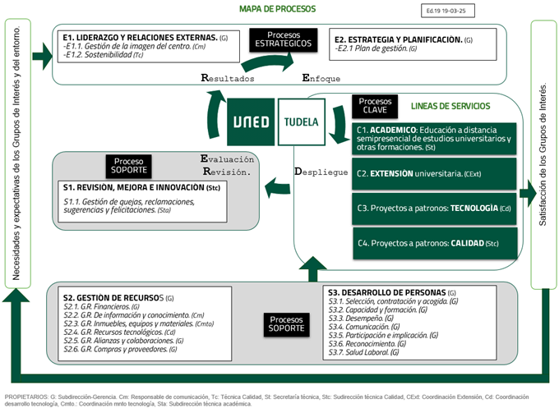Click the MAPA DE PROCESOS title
pyautogui.click(x=277, y=9)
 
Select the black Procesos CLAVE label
pyautogui.click(x=377, y=106)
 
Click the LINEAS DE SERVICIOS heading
pyautogui.click(x=450, y=107)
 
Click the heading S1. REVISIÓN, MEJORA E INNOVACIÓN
pyautogui.click(x=141, y=188)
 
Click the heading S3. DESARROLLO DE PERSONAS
pyautogui.click(x=391, y=292)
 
